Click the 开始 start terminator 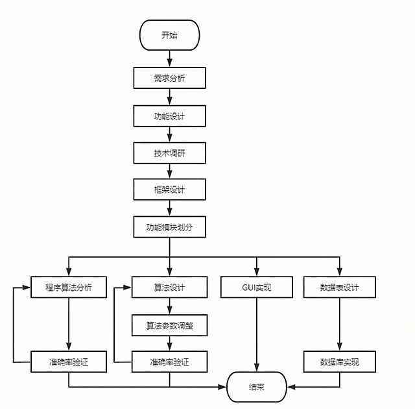169,35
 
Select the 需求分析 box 169,79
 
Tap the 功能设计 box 169,116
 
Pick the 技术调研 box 169,153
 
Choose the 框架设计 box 169,190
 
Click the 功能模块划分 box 169,228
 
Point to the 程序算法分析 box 69,287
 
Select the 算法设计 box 169,287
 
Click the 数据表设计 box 339,287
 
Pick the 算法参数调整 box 169,325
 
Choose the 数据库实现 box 339,362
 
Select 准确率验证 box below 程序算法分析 69,362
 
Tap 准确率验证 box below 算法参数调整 169,362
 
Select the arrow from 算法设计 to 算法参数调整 169,306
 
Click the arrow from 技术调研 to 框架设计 169,171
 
